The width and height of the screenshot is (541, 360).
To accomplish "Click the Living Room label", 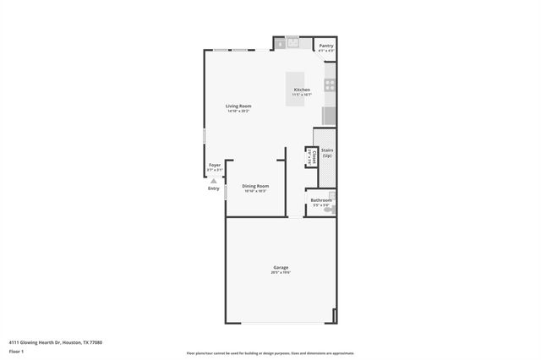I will coord(238,106).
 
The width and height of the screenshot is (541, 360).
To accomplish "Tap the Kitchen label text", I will coord(302,90).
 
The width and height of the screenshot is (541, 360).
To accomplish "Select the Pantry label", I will coord(325,46).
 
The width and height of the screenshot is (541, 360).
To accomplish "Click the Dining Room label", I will coord(255,186).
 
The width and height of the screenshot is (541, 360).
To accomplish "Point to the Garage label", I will coord(280,267).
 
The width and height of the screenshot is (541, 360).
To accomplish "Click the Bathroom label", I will coord(320,200).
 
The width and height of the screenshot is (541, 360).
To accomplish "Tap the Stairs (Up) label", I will coord(326,153).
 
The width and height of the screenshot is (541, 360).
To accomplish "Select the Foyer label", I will coord(215,165).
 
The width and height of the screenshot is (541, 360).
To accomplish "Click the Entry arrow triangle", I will coord(214,180).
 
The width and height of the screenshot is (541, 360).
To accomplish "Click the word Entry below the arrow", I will coord(214,188).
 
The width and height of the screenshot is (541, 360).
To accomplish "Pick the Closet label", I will coord(310,156).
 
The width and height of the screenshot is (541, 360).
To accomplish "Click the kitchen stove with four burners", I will coord(331,85).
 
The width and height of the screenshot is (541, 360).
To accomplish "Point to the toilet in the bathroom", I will coord(331,208).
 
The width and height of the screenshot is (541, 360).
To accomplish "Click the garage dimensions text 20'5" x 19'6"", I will coord(280,272).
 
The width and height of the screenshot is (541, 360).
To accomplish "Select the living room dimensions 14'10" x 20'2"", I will coord(238,111).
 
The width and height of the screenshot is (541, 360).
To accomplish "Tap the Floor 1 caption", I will coord(17,351).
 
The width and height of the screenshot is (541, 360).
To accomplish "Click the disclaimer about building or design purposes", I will coord(270,353).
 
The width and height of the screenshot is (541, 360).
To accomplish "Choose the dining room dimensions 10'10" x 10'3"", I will coord(255,191).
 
